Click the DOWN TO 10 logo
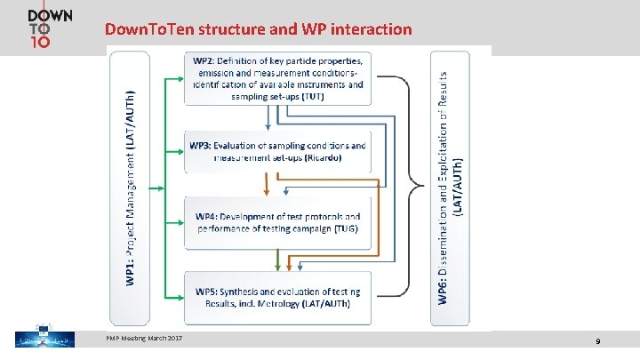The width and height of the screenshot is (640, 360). [x=50, y=30]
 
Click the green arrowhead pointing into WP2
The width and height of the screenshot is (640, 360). [x=180, y=80]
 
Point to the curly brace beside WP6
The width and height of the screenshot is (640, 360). [x=414, y=187]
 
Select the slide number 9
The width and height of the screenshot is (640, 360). [x=598, y=341]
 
